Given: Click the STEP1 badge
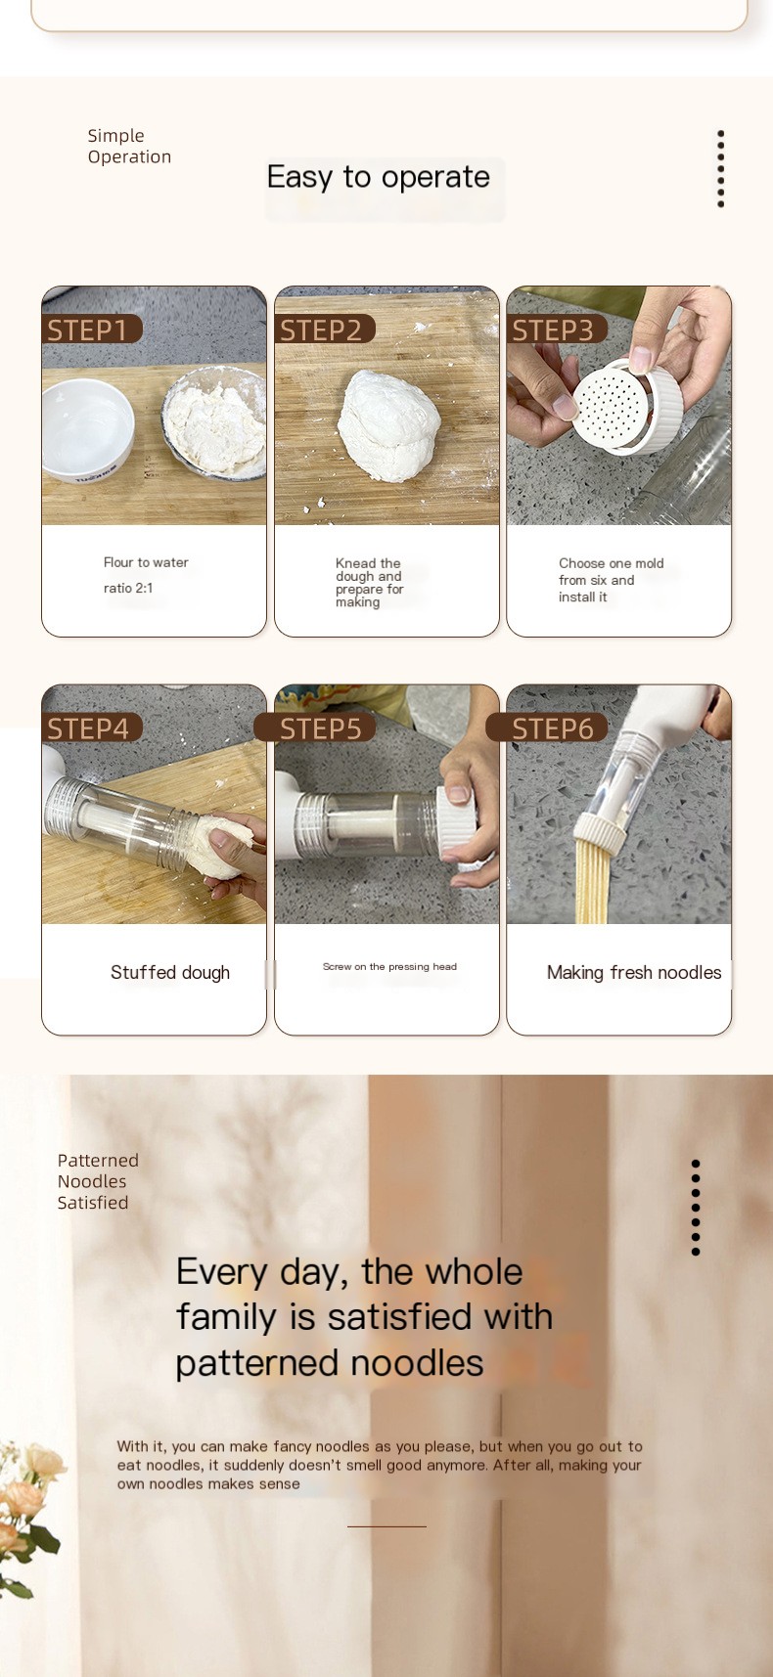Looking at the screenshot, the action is [92, 330].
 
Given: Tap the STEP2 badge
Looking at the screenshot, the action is [325, 330].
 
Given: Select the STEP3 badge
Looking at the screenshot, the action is [557, 330].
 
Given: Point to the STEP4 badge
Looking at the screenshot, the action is [92, 728].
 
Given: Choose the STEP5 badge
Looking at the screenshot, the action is [315, 728].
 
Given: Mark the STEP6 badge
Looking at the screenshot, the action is [547, 728].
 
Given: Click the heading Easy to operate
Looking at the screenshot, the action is [379, 177].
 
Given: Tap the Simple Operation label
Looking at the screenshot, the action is [129, 146].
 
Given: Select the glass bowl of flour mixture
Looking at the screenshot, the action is [214, 422].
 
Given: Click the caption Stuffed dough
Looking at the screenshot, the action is [170, 972].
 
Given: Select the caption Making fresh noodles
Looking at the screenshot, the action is [634, 972].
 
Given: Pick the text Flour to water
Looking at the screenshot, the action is [146, 562].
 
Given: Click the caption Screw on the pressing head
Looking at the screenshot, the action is [389, 966].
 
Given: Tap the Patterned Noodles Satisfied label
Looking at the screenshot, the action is [98, 1181].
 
